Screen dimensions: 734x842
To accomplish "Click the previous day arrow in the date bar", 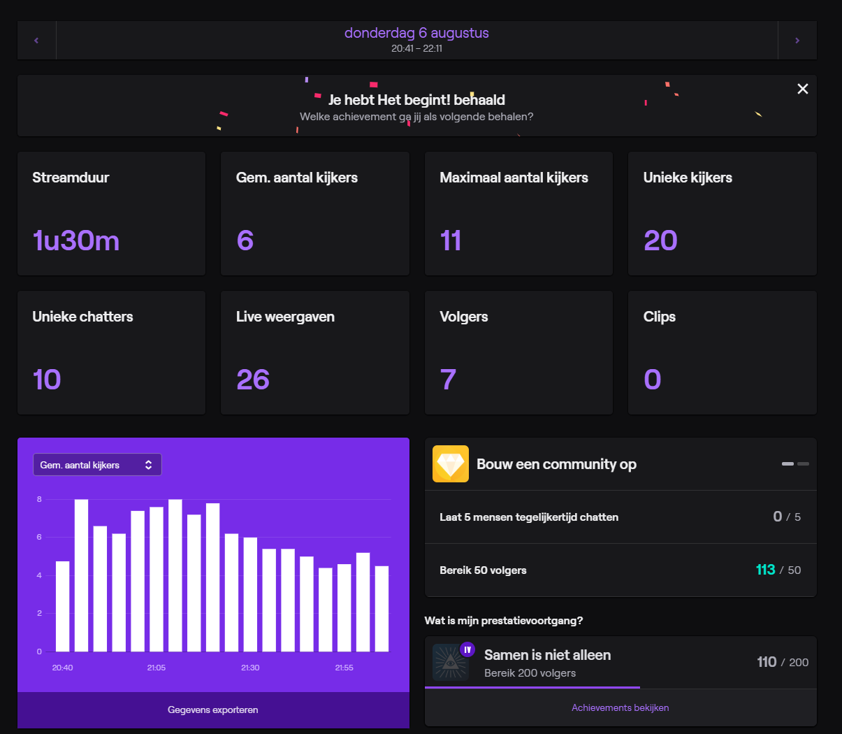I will click(x=36, y=41).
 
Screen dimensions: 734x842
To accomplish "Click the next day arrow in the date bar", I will click(x=797, y=41).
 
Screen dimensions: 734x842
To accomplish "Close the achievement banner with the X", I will click(x=803, y=89).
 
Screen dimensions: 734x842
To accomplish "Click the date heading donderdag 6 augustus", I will click(x=416, y=33).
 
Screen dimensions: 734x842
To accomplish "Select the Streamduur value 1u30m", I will click(x=76, y=240).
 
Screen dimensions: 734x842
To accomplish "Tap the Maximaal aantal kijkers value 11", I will click(x=451, y=240).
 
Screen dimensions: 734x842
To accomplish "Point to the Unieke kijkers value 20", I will click(x=660, y=240).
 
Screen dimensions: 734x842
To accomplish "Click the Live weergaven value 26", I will click(x=253, y=380).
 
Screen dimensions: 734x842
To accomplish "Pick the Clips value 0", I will click(x=652, y=380).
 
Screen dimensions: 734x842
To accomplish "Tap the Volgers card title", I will click(x=464, y=317).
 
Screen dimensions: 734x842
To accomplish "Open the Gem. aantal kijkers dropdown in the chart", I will click(x=97, y=465).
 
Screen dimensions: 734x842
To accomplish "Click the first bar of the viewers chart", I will click(x=63, y=606).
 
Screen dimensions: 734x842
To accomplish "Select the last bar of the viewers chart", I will click(x=382, y=608).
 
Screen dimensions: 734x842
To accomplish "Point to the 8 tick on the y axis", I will click(x=39, y=499).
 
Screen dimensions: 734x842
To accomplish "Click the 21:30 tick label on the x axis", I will click(x=250, y=668).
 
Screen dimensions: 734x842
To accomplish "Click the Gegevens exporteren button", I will click(x=213, y=710).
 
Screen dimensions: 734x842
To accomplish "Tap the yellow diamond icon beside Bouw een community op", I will click(x=451, y=464).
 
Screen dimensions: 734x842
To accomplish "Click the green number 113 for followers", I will click(x=765, y=570).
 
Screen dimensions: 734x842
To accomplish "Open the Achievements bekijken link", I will click(x=620, y=707).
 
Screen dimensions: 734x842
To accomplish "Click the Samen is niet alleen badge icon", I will click(x=451, y=662).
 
